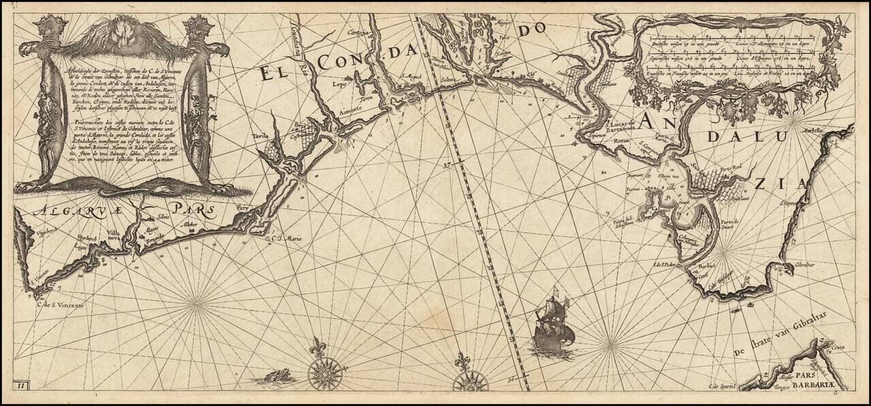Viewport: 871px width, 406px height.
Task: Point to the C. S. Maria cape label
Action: coord(286,238)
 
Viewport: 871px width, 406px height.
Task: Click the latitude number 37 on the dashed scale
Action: coord(446,165)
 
